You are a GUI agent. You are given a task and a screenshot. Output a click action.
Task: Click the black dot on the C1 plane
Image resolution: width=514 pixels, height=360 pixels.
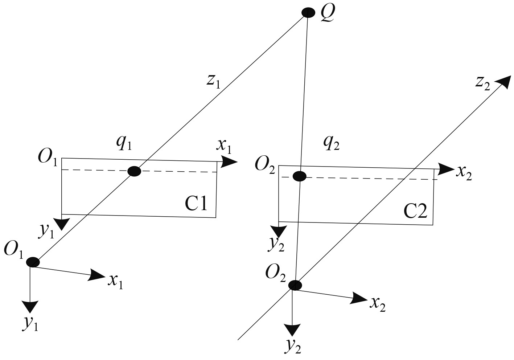tap(134, 171)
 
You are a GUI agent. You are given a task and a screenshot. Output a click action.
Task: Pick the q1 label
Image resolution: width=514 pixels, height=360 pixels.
tap(124, 144)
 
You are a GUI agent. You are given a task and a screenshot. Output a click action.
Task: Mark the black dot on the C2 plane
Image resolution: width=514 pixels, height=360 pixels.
tap(299, 176)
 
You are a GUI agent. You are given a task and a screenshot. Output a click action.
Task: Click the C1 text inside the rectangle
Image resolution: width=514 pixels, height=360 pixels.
tap(196, 204)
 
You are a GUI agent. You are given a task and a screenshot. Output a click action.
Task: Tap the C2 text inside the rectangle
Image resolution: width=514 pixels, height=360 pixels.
tap(416, 211)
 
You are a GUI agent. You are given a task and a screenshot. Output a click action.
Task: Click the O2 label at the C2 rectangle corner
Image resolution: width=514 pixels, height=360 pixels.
tap(265, 165)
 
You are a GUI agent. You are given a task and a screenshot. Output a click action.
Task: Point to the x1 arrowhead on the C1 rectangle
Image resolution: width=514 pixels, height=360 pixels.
tap(229, 162)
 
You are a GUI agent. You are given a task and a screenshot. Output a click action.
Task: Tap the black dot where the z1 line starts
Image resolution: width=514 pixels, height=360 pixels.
tap(33, 262)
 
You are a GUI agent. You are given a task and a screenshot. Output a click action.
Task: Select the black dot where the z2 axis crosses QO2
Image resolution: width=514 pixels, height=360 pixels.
tap(295, 285)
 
